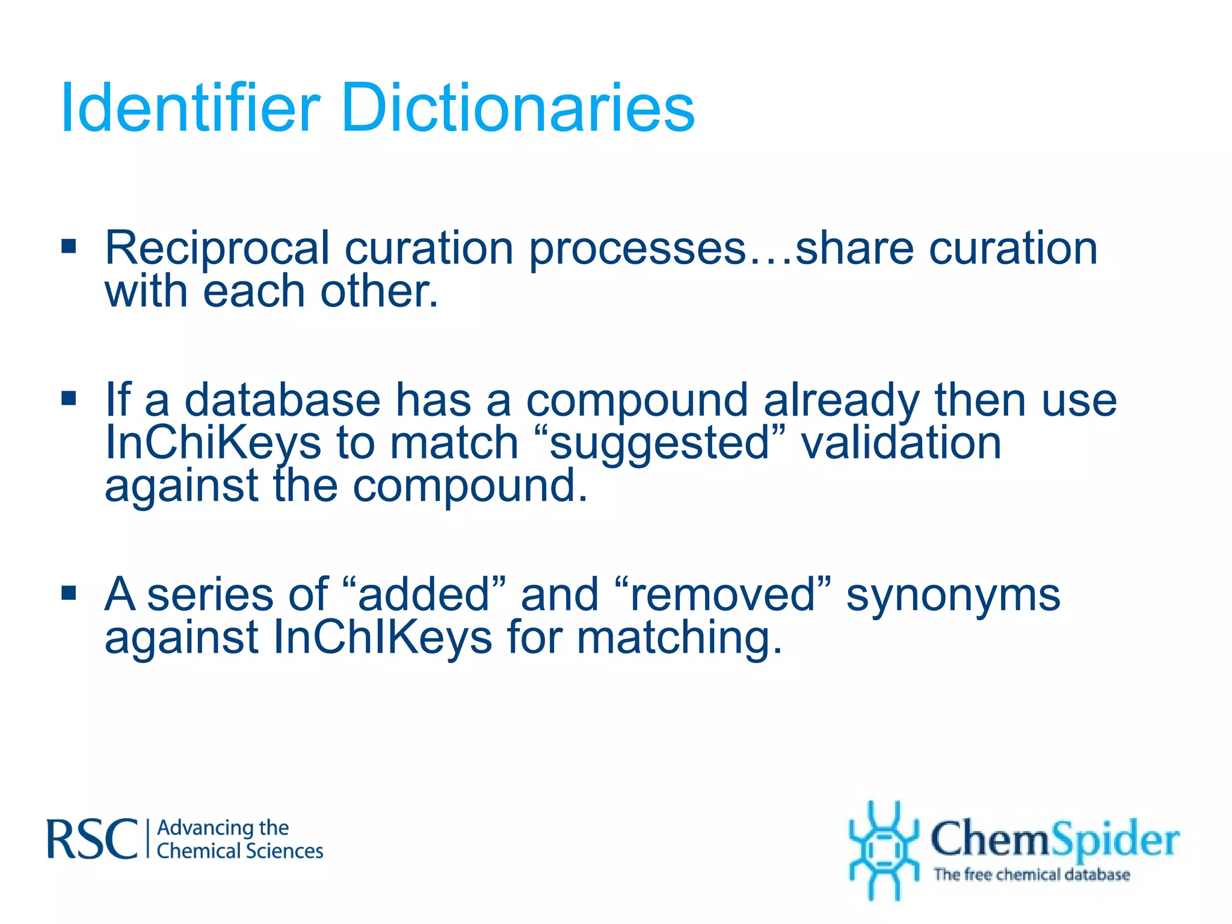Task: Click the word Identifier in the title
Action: (190, 108)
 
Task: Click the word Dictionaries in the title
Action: (517, 108)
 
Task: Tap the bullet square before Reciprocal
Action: (69, 246)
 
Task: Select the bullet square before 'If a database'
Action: (69, 398)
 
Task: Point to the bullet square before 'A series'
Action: (69, 593)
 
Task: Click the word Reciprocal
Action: (217, 248)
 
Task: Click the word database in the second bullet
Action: (282, 400)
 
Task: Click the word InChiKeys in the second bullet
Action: (213, 444)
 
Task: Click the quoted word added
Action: (423, 594)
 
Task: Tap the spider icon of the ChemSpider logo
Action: (883, 849)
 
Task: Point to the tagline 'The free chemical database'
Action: (1031, 874)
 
